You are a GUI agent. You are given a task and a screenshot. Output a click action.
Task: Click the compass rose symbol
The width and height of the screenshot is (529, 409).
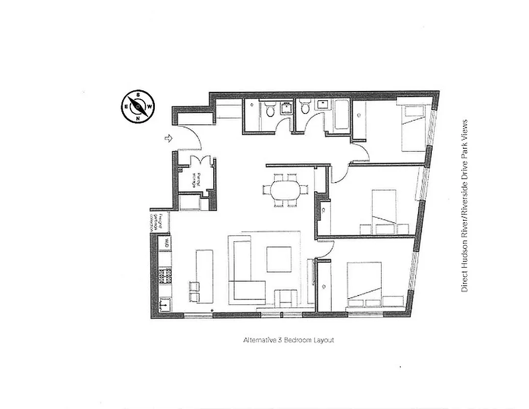pos(137,107)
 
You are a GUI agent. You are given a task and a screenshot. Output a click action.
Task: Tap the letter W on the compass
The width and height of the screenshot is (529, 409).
pos(149,106)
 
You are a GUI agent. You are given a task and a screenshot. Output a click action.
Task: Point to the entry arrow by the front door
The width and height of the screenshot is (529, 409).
pos(168,138)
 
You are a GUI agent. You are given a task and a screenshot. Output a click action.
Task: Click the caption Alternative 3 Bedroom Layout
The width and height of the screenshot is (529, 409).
pos(288,340)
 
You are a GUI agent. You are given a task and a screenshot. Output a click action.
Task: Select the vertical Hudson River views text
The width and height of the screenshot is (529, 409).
pos(465,206)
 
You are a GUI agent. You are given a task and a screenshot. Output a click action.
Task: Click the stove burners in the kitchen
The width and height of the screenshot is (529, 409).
pos(166,277)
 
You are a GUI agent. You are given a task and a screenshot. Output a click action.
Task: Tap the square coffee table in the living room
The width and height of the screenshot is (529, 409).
pos(279,259)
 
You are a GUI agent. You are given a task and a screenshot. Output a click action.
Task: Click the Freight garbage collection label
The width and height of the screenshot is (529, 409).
pos(160,223)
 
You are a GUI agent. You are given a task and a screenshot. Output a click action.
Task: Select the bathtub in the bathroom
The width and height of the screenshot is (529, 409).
pos(341,115)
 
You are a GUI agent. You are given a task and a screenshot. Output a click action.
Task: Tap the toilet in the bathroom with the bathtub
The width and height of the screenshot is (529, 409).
pos(306,108)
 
